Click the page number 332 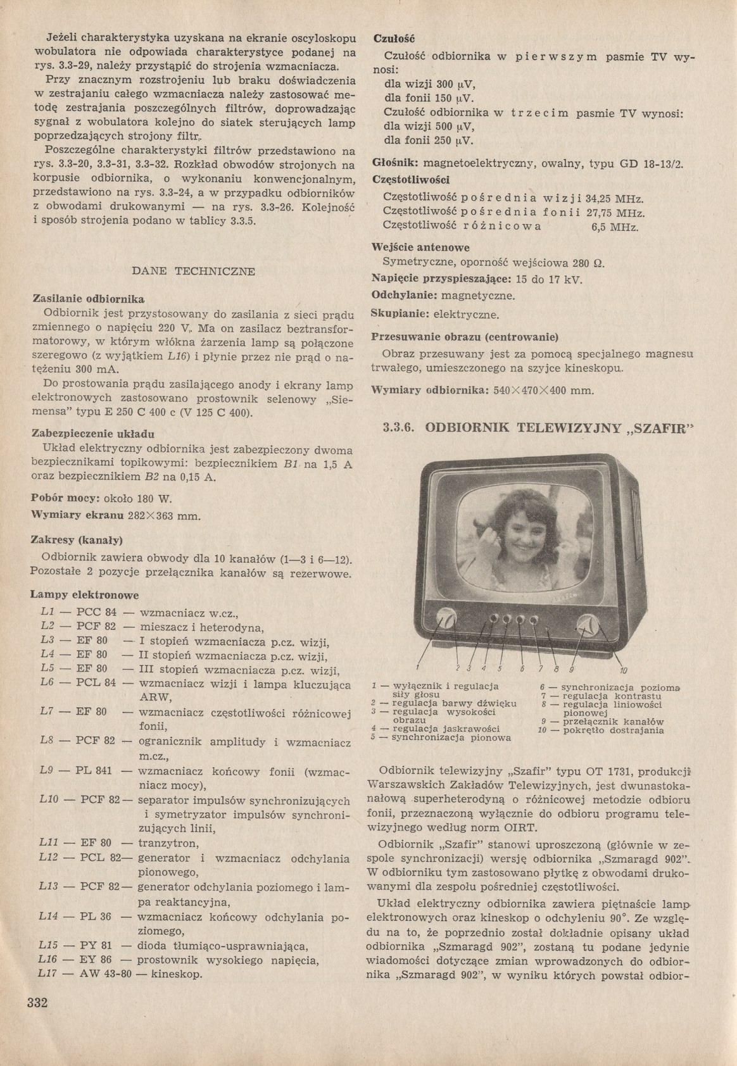[x=37, y=1020]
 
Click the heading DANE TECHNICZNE [x=193, y=272]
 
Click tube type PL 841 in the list [x=94, y=771]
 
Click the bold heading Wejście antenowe [x=421, y=248]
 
